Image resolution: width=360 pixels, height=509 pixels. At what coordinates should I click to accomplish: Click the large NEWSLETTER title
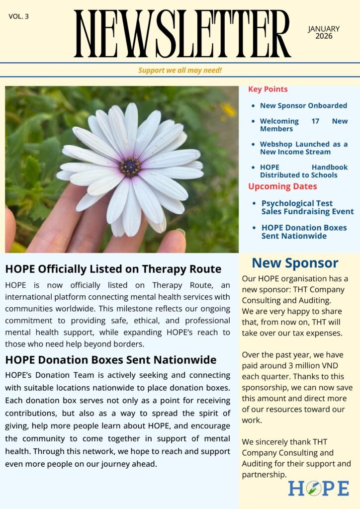182,34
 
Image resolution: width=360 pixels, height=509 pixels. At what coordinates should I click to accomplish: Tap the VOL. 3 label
19,16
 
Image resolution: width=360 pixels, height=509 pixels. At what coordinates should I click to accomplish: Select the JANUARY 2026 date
324,32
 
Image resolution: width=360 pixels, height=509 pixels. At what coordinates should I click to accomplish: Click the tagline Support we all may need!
180,70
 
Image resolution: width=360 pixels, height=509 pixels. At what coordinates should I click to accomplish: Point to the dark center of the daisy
130,167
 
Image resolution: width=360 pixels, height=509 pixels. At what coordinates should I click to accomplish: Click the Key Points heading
268,89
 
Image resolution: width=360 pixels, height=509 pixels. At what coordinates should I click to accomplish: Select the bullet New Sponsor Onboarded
303,105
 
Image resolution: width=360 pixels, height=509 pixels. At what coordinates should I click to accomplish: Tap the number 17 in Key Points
314,121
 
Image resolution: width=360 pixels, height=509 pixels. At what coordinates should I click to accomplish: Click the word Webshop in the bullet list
273,144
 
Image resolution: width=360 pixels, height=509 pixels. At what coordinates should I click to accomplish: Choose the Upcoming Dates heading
282,186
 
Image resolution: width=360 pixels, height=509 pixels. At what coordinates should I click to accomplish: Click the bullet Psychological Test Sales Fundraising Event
307,207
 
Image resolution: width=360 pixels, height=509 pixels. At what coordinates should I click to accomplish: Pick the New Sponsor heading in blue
295,263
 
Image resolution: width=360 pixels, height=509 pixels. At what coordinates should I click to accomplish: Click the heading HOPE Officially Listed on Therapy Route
113,269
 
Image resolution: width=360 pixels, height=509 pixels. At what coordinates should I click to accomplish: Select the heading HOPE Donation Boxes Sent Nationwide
111,359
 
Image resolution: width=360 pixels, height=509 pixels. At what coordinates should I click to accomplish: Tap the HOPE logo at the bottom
318,488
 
